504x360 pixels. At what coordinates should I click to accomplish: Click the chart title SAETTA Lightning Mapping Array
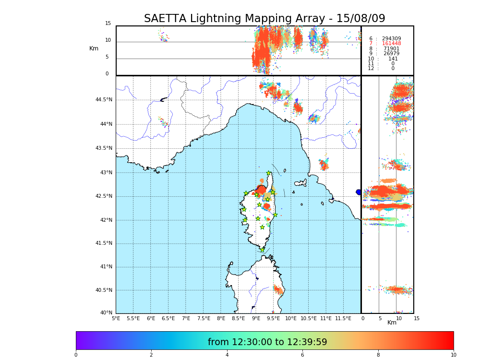pos(264,19)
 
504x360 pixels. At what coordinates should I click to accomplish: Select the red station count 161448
pos(391,44)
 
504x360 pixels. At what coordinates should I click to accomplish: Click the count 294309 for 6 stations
pos(391,38)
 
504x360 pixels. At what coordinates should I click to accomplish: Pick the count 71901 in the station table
pos(391,49)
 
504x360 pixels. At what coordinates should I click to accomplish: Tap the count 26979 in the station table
pos(391,54)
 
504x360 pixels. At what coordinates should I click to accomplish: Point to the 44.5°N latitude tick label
pos(104,100)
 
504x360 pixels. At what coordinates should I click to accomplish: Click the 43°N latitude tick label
pos(105,172)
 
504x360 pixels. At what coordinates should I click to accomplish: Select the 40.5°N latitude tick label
pos(104,290)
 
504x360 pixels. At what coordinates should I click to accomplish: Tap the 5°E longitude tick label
pos(116,318)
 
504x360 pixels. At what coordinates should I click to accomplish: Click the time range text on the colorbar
pos(267,342)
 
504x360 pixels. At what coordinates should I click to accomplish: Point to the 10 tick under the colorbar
pos(453,355)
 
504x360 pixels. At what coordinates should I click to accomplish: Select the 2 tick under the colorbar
pos(151,355)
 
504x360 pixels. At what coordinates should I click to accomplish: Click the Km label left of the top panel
pos(94,48)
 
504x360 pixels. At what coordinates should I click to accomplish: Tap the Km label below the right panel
pos(392,323)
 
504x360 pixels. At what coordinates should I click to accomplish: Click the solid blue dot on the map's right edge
pos(359,192)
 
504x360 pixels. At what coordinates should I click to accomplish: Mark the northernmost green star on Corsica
pos(269,173)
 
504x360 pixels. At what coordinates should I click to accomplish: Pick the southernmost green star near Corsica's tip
pos(262,250)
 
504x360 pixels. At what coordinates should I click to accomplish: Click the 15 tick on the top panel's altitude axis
pos(108,24)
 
